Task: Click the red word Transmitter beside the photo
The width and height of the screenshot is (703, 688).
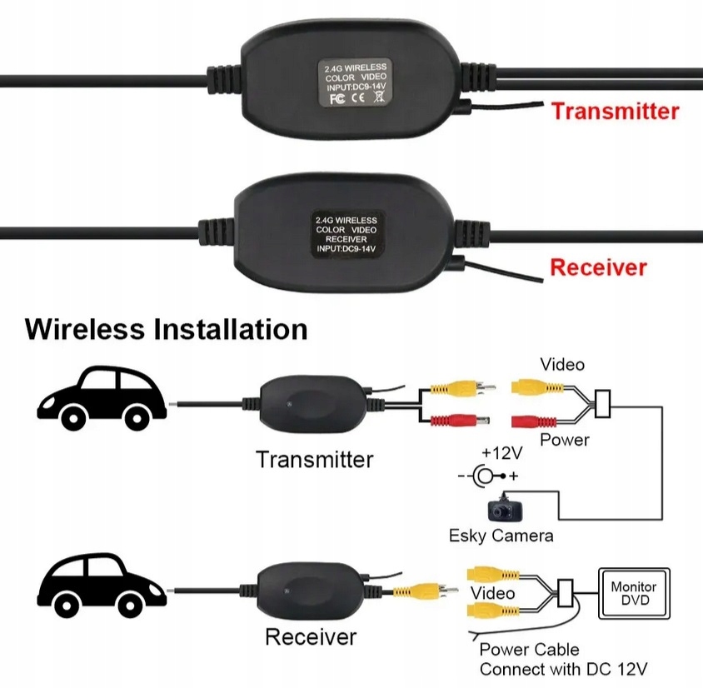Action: (616, 111)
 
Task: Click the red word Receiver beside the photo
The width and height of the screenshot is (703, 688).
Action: (598, 267)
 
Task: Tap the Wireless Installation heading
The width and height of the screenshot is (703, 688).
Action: (167, 329)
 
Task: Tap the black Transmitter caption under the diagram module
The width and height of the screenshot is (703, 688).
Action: (314, 459)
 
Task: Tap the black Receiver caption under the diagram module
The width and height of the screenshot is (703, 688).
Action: (310, 637)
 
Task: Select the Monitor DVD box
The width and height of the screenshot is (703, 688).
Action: (634, 593)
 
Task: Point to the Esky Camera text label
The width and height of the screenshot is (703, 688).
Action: (501, 535)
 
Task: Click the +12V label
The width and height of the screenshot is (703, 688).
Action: (501, 454)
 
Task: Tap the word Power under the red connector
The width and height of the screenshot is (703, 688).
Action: (564, 439)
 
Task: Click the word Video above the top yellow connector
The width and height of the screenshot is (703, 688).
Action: (562, 364)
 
